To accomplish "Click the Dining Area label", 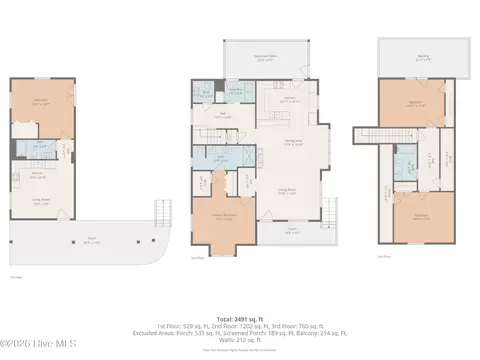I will click(x=293, y=143).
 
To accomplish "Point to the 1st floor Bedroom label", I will click(x=42, y=101).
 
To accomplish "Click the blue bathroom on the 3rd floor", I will click(x=404, y=166).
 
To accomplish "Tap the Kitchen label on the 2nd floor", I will click(x=290, y=100).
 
